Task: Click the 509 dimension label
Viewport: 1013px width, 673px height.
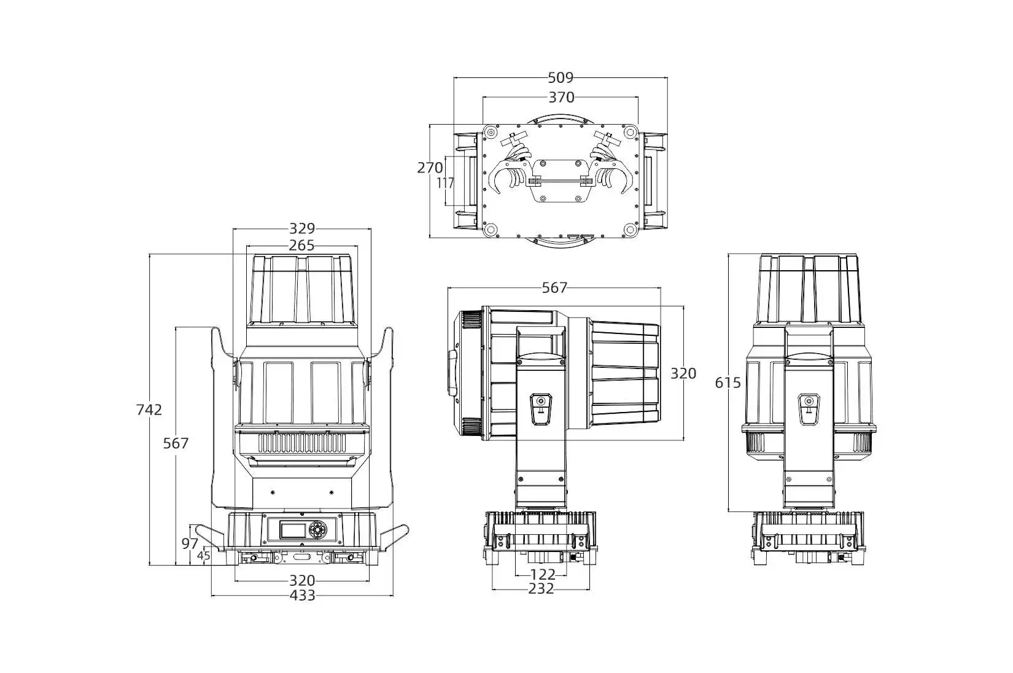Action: (561, 78)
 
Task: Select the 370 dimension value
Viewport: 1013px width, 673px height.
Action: (561, 97)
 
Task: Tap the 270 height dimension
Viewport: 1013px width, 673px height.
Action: (430, 168)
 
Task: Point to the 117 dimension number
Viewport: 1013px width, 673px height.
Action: (446, 183)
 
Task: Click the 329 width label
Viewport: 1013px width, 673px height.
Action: (301, 228)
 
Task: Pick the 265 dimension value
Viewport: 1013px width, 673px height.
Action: (301, 245)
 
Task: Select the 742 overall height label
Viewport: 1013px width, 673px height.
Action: (149, 410)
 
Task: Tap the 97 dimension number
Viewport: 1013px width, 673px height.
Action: (190, 543)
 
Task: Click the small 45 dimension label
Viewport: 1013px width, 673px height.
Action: (204, 555)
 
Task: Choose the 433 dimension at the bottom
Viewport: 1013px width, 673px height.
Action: (302, 595)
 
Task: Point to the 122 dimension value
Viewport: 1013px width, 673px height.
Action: (542, 575)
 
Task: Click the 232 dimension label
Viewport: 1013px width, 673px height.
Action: (541, 588)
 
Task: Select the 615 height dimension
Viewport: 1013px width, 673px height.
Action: (728, 383)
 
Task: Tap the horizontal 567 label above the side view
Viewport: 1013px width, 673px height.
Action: (554, 287)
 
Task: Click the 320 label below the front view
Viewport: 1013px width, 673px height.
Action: (302, 580)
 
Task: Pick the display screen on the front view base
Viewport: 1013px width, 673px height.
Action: (292, 530)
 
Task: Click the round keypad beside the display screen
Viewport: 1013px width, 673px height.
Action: (317, 530)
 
